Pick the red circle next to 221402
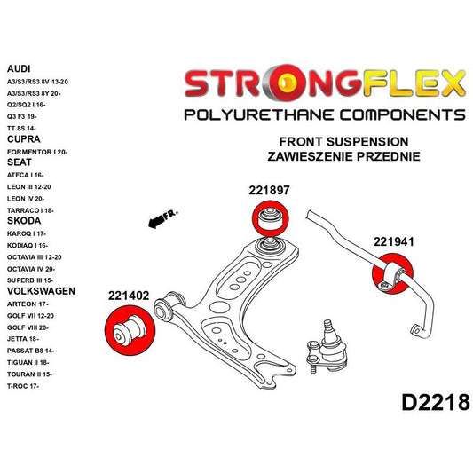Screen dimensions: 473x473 [x=129, y=328]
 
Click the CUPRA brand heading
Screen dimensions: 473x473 [x=23, y=139]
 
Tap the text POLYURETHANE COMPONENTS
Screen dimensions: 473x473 [x=323, y=115]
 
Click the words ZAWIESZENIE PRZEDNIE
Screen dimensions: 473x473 [x=343, y=156]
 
